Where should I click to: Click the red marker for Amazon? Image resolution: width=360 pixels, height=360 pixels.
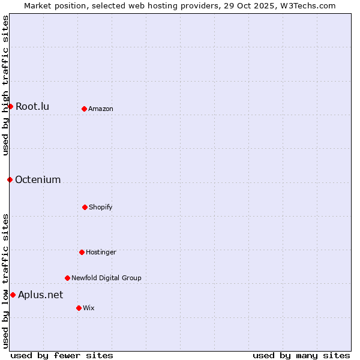[84, 109]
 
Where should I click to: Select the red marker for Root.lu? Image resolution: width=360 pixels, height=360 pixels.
[10, 106]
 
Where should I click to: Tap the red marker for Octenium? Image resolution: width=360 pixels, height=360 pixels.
[10, 179]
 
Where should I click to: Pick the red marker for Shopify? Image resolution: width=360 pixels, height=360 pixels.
[85, 207]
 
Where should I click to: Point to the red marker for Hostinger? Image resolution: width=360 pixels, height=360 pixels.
[82, 252]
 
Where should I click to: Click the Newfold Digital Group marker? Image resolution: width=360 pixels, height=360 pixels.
[67, 278]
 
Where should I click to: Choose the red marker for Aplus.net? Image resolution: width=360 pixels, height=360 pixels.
[13, 295]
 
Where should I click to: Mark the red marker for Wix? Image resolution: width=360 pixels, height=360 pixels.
[79, 308]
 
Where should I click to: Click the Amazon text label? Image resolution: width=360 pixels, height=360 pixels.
[101, 109]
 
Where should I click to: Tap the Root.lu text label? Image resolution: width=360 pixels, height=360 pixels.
[32, 107]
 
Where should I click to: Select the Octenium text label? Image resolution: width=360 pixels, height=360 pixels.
[38, 180]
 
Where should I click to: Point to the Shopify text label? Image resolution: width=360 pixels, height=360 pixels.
[101, 207]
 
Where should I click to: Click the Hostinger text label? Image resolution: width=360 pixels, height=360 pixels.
[101, 252]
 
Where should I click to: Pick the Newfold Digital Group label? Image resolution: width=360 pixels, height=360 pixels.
[106, 278]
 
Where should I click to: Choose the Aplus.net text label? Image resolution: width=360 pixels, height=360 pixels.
[40, 295]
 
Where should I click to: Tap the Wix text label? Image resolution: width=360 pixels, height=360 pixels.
[89, 308]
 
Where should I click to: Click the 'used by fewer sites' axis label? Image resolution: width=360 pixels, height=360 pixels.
[62, 355]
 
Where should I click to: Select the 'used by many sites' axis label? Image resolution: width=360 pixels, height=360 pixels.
[301, 355]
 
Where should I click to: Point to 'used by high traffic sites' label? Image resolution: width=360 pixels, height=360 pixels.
[5, 85]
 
